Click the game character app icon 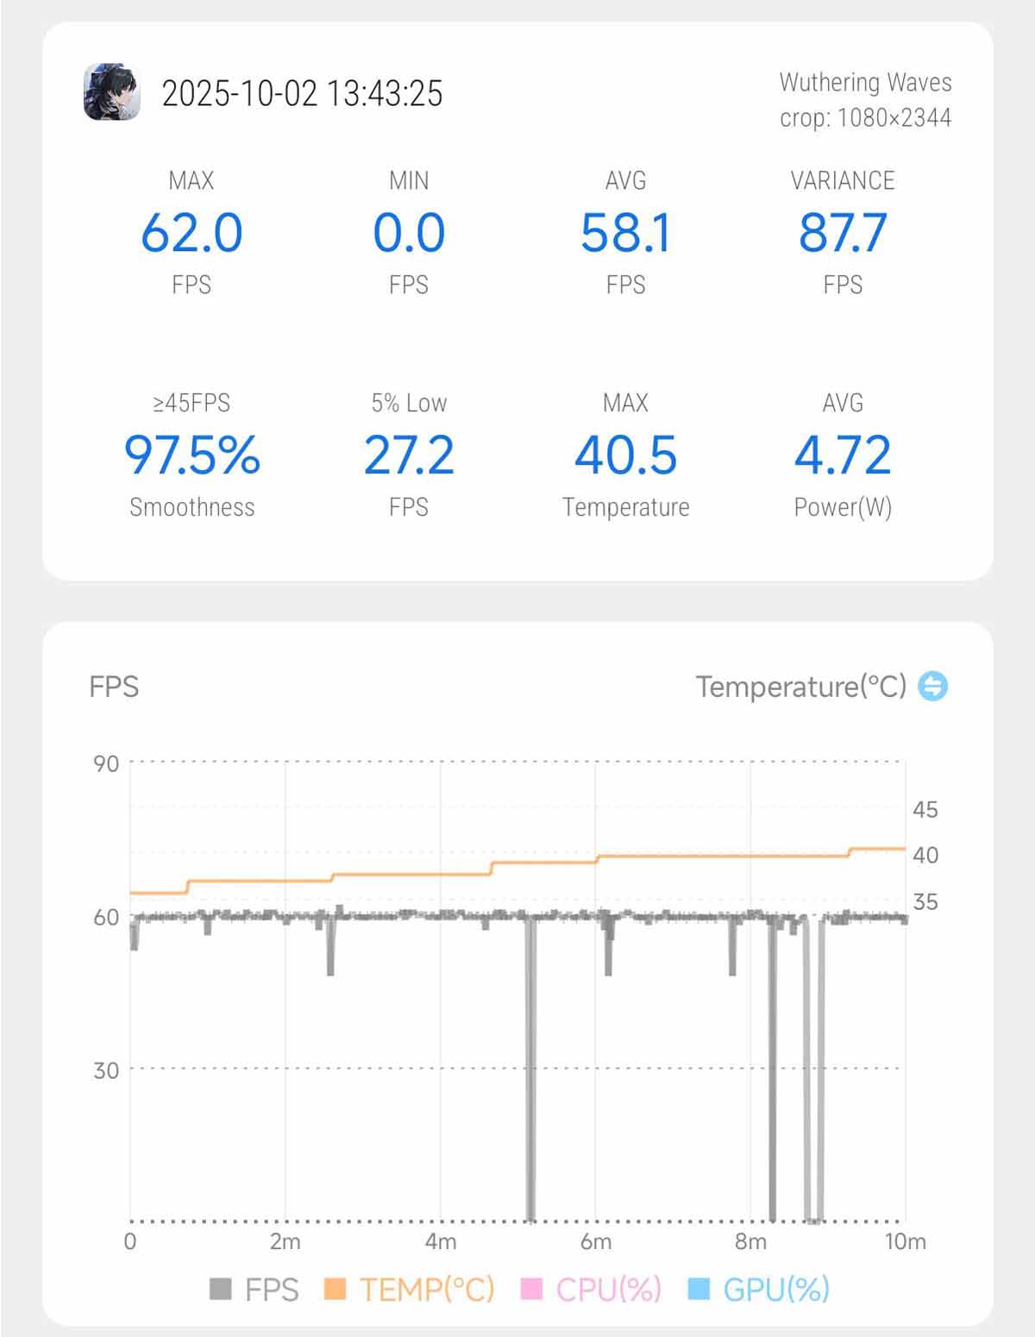112,92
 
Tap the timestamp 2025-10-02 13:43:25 302,93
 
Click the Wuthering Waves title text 865,82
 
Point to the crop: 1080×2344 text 865,117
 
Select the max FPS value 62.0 191,233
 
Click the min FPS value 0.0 409,233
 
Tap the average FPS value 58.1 625,233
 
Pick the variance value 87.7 843,233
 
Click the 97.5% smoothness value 191,455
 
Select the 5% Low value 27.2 409,455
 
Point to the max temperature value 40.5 625,455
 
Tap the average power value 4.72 843,455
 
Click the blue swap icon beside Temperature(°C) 932,687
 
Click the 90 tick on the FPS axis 106,763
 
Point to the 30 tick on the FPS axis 106,1070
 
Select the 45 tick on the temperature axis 925,809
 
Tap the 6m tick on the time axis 595,1241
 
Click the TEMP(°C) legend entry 410,1290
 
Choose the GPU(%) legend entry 760,1290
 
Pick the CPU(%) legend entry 593,1290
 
